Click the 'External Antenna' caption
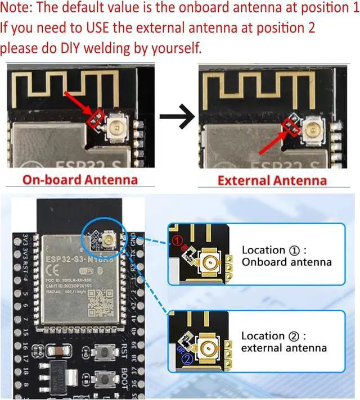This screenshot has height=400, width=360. tap(272, 180)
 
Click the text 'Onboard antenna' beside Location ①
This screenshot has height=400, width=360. tap(286, 262)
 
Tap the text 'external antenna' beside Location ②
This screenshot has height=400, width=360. tap(284, 348)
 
